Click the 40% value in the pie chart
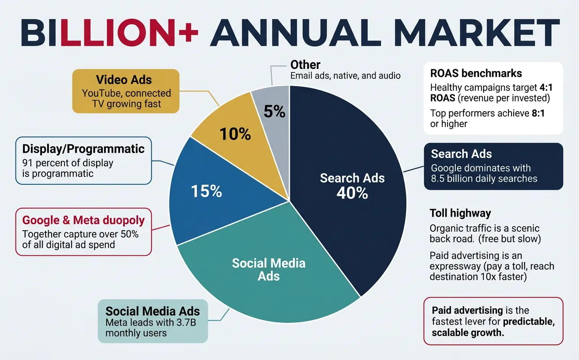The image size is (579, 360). coord(352,193)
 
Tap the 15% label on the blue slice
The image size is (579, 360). coord(206,191)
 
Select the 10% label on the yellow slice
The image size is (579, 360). coord(236,134)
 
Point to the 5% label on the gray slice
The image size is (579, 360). coord(274,112)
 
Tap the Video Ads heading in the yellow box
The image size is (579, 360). coord(124,80)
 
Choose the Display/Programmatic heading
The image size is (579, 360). coord(83,149)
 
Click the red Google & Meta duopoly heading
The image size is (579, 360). coord(83,220)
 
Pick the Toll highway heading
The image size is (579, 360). coord(460,214)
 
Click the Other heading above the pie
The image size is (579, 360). coord(305,65)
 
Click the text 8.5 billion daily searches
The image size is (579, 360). coord(484,179)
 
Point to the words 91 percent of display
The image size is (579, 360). coord(68,162)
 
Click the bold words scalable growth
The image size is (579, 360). coord(468,333)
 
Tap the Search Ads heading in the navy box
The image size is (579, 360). coord(461,154)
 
